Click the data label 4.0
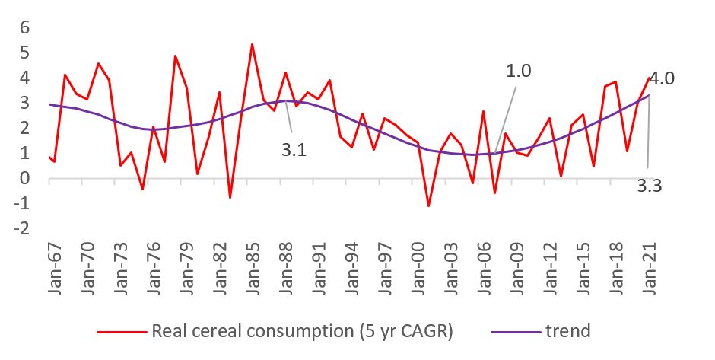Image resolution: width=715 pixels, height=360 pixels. click(662, 78)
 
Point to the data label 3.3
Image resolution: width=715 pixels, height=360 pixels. click(648, 185)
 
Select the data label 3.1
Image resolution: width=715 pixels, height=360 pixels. click(294, 151)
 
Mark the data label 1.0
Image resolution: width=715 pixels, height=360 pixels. click(519, 71)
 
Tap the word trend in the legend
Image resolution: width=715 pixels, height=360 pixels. click(567, 331)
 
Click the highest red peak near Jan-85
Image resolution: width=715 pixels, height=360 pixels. click(252, 44)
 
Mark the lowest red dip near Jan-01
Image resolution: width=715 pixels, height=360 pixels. click(428, 206)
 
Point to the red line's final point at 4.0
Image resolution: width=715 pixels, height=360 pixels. click(649, 78)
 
